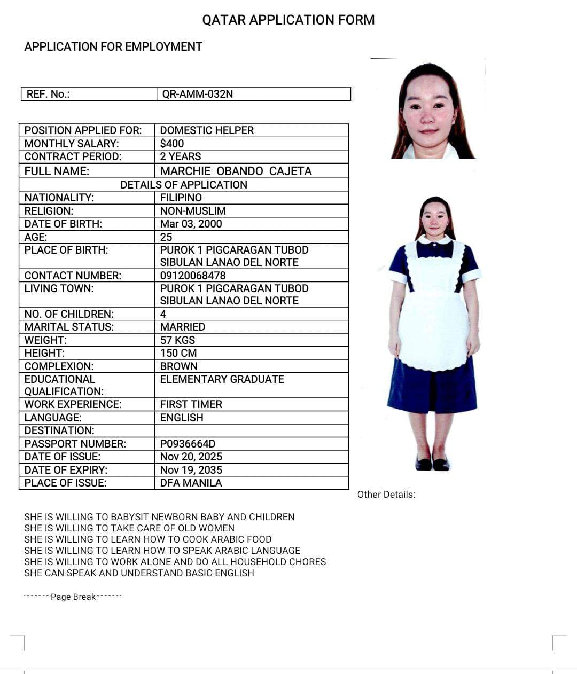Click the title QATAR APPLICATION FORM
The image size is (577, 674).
tap(288, 20)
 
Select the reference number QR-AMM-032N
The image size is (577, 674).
tap(197, 94)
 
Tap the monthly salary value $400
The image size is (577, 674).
tap(171, 144)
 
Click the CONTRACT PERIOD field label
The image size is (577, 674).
tap(73, 156)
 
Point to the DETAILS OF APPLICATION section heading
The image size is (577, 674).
tap(183, 185)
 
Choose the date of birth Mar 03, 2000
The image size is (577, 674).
tap(191, 224)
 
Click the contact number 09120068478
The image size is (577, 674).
tap(193, 276)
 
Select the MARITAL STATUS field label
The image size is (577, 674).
tap(69, 327)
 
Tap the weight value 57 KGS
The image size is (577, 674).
tap(177, 340)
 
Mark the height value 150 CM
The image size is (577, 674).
tap(178, 353)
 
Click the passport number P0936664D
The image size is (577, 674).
tap(188, 444)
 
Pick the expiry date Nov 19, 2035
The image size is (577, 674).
tap(191, 470)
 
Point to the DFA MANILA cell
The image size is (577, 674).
tap(191, 483)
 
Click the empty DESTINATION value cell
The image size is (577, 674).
tap(251, 430)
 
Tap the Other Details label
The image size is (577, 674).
tap(386, 495)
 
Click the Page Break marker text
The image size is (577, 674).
tap(73, 597)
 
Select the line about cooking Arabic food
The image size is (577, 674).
tap(147, 539)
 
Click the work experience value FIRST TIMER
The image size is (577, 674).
tap(191, 404)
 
